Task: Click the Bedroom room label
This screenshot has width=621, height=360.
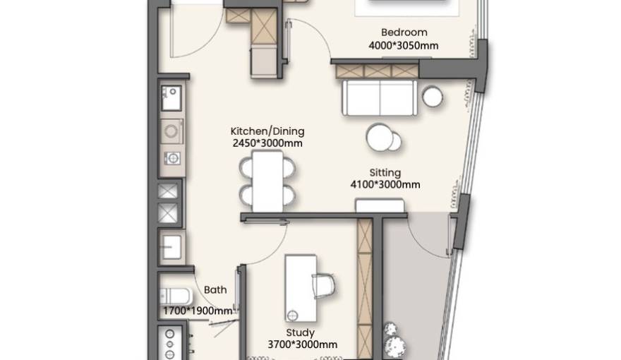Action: point(404,32)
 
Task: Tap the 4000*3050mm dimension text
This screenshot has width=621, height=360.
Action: point(404,46)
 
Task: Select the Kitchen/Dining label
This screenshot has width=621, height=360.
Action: point(267,131)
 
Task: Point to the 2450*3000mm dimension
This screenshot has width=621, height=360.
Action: point(267,143)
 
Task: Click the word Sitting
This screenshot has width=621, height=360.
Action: point(385,173)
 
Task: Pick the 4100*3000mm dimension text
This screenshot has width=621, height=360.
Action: point(385,184)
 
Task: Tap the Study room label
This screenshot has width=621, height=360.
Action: point(300,332)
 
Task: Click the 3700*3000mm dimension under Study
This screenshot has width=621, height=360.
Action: point(303,344)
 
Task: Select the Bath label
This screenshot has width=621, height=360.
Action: point(215,290)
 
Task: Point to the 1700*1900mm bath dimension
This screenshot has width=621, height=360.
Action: point(198,311)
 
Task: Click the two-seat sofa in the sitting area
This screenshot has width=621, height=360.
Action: point(380,98)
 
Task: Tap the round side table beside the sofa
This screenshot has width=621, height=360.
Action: point(433,97)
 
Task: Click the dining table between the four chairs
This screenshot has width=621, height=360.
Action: point(267,181)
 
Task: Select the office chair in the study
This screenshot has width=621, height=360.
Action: point(324,285)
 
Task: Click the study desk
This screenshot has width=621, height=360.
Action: point(301,288)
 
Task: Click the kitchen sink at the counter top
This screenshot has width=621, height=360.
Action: point(171,98)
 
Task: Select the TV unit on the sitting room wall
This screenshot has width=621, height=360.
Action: point(380,206)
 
